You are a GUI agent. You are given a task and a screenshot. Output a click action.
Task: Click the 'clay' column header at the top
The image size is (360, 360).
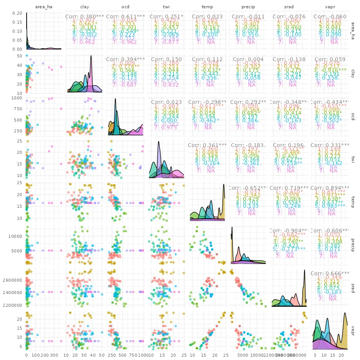85,7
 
